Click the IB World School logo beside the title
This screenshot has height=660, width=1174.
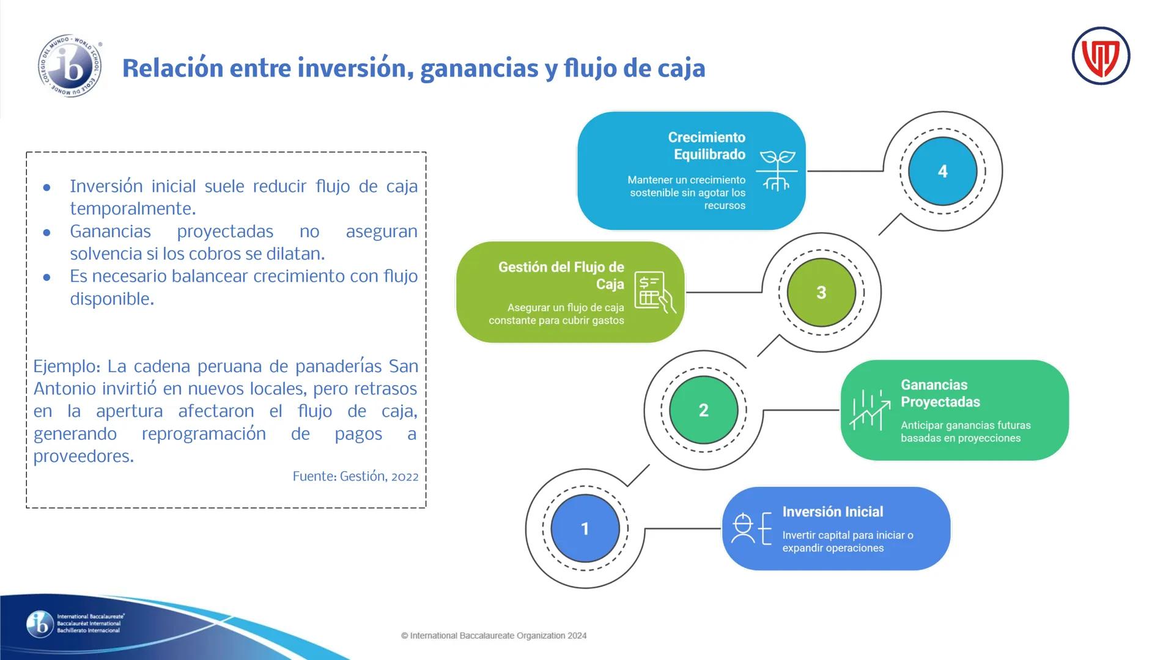(70, 66)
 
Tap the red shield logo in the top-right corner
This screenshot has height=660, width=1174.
(1101, 56)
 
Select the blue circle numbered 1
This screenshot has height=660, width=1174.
(585, 529)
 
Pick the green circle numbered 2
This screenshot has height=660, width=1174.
(703, 410)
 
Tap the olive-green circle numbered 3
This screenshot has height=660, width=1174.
(821, 293)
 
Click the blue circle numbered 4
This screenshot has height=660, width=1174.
(942, 171)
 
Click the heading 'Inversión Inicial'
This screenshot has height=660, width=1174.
(832, 512)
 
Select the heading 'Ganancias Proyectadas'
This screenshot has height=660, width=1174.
(940, 394)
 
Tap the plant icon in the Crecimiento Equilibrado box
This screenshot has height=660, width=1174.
(777, 170)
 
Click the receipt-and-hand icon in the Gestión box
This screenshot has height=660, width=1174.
(654, 292)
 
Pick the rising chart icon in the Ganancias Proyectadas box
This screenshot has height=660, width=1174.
(869, 409)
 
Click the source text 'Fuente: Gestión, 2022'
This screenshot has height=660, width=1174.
(355, 477)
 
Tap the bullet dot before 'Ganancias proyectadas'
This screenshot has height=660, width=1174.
(47, 233)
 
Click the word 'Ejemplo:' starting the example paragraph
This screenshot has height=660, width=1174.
(67, 367)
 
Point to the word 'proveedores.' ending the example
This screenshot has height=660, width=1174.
(83, 457)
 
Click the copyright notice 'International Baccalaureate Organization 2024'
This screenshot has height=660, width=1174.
(494, 636)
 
